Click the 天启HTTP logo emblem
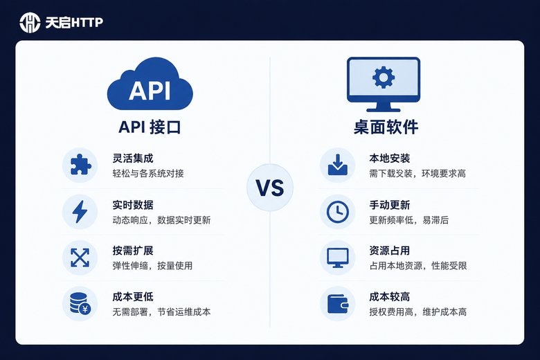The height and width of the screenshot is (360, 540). (x=30, y=23)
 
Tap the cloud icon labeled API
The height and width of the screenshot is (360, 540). (x=150, y=84)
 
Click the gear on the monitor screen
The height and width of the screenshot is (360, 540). (x=384, y=77)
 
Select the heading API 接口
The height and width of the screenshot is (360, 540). (x=150, y=127)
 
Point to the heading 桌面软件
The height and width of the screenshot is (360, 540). (x=386, y=127)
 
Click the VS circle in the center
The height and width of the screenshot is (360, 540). (x=270, y=188)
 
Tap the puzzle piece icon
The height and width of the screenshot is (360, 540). (x=80, y=165)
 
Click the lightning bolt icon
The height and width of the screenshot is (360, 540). (x=80, y=212)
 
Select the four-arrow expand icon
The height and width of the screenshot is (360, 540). (x=80, y=258)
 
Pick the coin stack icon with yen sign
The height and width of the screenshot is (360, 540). (x=80, y=303)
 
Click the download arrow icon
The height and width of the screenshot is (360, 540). (x=338, y=165)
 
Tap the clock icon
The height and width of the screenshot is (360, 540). (x=338, y=212)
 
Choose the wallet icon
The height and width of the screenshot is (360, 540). (x=338, y=304)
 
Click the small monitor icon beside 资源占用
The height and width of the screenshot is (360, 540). (x=338, y=258)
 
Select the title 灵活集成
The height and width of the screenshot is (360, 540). (x=133, y=159)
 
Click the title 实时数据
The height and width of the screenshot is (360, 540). (x=133, y=205)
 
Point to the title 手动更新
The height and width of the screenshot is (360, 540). (x=390, y=205)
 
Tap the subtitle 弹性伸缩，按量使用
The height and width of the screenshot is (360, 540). (x=152, y=266)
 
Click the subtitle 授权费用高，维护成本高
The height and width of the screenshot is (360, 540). (x=418, y=312)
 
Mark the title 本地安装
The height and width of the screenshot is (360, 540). (x=390, y=159)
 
